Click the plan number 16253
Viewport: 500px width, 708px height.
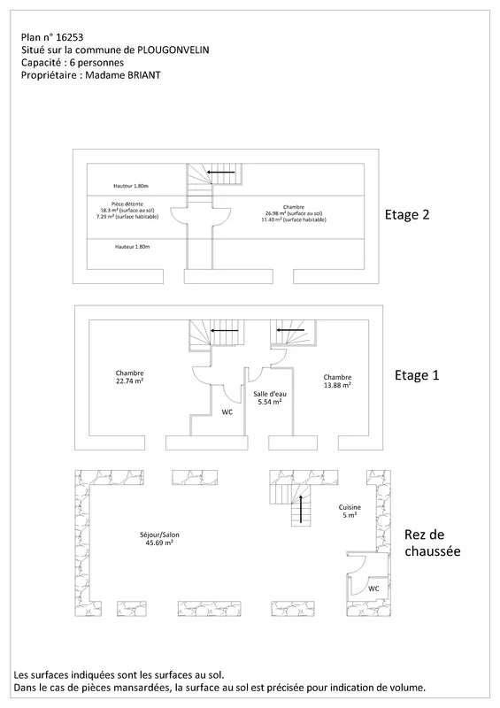coord(70,37)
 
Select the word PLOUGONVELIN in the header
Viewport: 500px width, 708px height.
coord(173,50)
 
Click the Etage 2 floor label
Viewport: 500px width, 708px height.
coord(406,214)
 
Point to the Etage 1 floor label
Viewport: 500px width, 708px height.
coord(417,375)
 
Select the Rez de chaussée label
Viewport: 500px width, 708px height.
coord(432,543)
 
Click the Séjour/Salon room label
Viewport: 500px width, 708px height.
coord(159,539)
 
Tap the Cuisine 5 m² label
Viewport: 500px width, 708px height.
coord(350,512)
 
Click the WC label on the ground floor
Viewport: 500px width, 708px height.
coord(373,589)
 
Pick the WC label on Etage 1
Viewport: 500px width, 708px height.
coord(227,412)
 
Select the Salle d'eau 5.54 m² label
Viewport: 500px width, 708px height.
coord(270,397)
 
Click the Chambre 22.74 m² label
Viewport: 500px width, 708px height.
coord(129,377)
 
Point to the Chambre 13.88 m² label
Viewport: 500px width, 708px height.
coord(337,381)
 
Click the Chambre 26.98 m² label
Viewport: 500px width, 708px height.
coord(294,213)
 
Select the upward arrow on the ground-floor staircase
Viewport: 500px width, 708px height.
coord(300,509)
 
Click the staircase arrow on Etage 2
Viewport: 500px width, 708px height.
coord(221,172)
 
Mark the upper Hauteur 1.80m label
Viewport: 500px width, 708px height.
coord(131,186)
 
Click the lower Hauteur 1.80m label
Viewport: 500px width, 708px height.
coord(133,247)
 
